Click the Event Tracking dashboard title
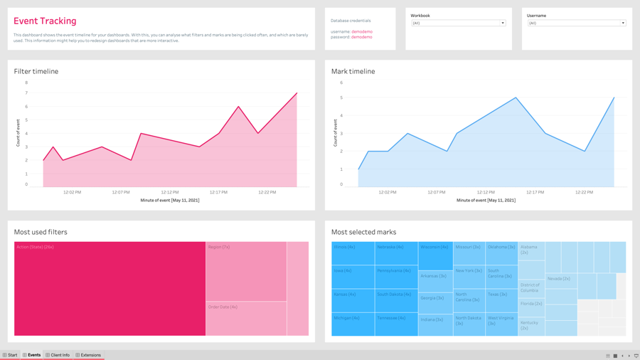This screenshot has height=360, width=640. (x=45, y=21)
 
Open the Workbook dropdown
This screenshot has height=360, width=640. (x=458, y=23)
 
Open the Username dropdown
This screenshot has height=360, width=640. (x=576, y=23)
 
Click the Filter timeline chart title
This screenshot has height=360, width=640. (x=36, y=71)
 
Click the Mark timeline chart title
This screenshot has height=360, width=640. (x=353, y=71)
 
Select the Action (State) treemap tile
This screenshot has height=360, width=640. (x=110, y=288)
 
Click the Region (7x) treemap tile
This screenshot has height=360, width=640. (x=246, y=271)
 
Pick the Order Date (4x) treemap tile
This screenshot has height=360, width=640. (x=246, y=318)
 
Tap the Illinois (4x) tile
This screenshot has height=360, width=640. (x=353, y=253)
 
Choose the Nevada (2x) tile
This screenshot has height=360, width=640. (x=561, y=279)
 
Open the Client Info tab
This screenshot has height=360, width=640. (x=58, y=355)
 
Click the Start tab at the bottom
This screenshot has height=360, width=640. (x=10, y=355)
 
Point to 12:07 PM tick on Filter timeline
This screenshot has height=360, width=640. (x=121, y=192)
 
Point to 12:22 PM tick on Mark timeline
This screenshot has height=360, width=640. (x=584, y=192)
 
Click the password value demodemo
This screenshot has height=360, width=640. (x=361, y=37)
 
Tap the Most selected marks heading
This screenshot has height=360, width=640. (x=363, y=232)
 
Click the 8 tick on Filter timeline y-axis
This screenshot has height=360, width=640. (x=26, y=83)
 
